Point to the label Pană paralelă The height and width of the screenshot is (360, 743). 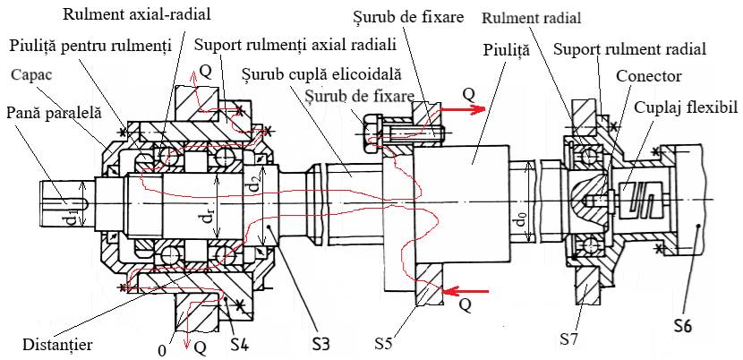click(54, 113)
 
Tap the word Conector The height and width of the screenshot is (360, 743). click(646, 75)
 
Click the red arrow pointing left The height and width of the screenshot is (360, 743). click(465, 290)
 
